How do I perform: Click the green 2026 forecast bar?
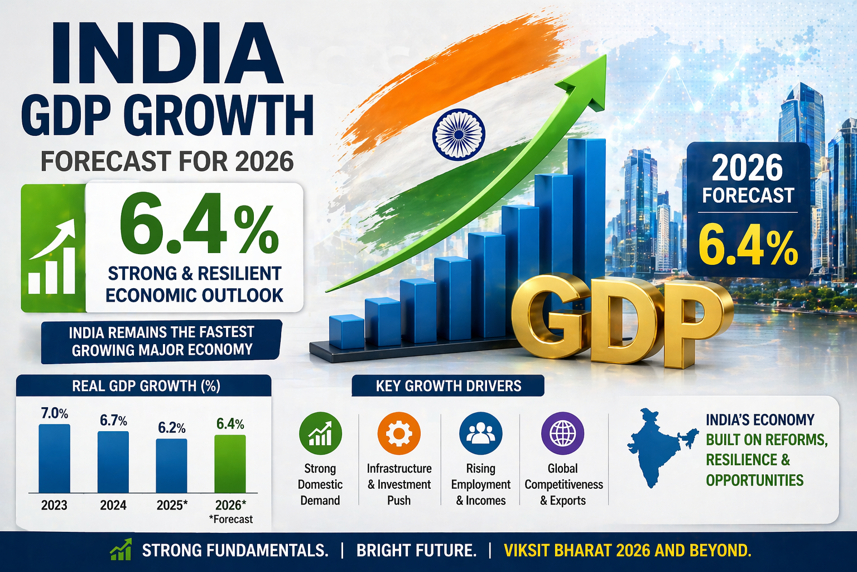coord(230,464)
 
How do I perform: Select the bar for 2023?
coord(54,458)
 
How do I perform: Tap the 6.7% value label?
coord(113,421)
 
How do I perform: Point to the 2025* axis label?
coord(172,505)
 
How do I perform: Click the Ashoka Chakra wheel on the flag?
coord(458,134)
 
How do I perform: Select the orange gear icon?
coord(399,433)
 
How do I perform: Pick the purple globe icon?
coord(562,433)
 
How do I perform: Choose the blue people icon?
coord(480,433)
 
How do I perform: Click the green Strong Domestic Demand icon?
coord(320,433)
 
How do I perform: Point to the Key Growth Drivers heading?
coord(448,386)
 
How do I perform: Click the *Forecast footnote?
coord(231,519)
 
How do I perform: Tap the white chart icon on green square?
coord(52,257)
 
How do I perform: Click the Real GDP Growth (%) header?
coord(146,386)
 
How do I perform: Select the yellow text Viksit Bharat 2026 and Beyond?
coord(627,551)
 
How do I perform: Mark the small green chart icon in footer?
coord(121,550)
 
